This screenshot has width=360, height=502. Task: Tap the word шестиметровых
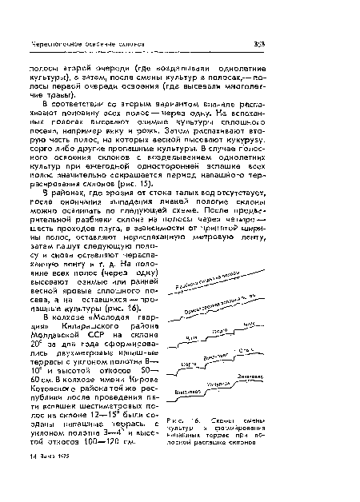(125, 432)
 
